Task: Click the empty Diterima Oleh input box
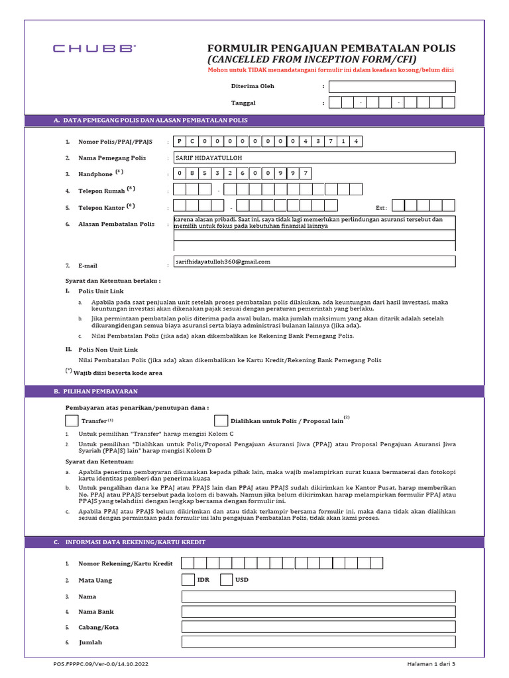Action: [x=392, y=86]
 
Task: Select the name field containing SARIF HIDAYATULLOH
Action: [x=314, y=158]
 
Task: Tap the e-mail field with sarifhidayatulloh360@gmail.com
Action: [x=314, y=262]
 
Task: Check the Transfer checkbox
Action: [x=72, y=420]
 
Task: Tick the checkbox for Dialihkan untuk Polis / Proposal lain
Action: [x=221, y=420]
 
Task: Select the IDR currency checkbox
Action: [x=188, y=580]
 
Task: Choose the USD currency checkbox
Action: [x=226, y=580]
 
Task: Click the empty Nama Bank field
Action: [x=318, y=612]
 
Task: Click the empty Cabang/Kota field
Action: [x=318, y=627]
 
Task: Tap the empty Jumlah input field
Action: [x=318, y=642]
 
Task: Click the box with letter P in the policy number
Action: [x=180, y=142]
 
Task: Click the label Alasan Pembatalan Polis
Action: [x=116, y=224]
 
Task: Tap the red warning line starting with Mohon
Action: [x=331, y=70]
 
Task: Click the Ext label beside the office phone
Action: [x=381, y=207]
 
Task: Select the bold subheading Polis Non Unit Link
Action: [x=108, y=349]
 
